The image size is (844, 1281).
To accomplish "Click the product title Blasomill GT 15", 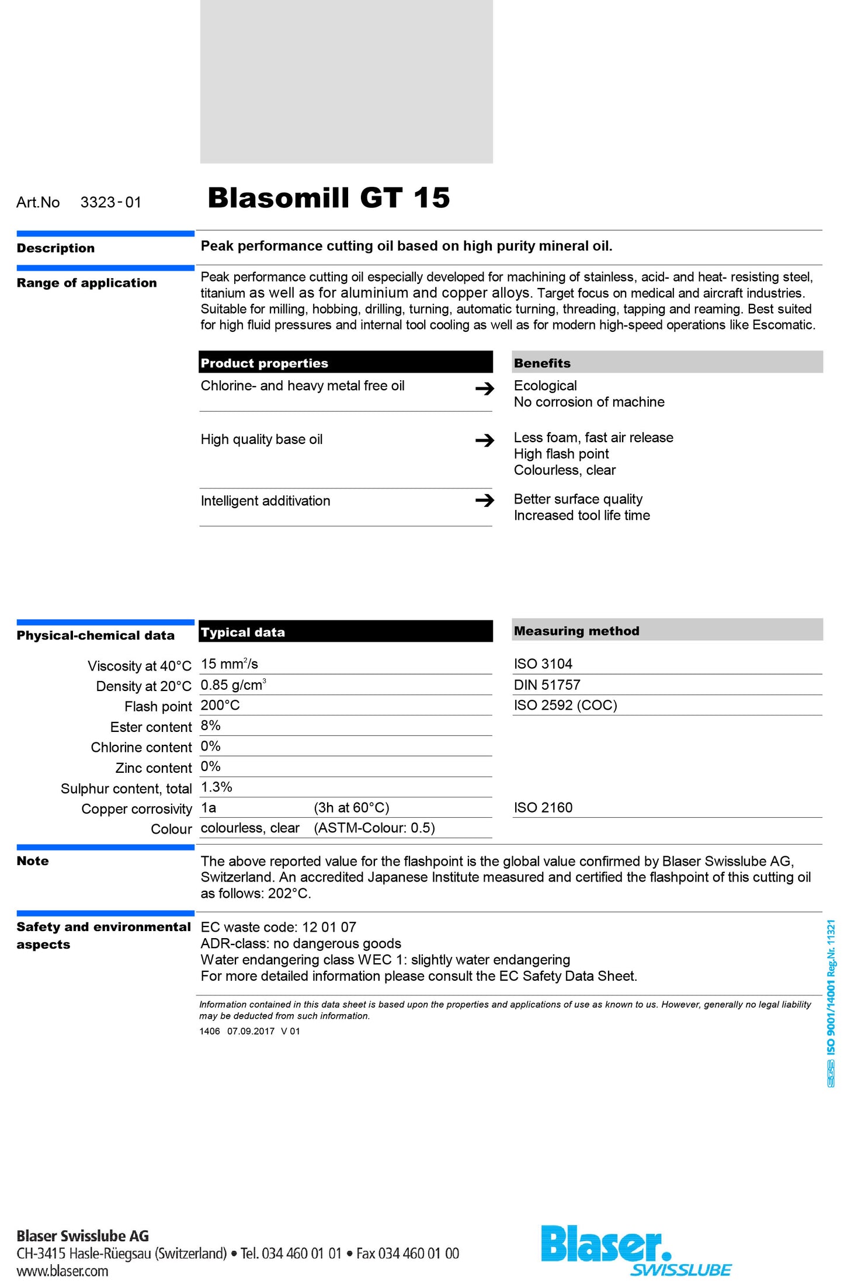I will tap(328, 198).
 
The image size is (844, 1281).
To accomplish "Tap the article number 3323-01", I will tap(110, 203).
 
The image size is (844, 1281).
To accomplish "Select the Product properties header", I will tap(265, 363).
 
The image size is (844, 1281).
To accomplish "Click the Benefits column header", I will tap(542, 363).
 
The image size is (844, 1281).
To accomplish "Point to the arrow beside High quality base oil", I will tap(484, 440).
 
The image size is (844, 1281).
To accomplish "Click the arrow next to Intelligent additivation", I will tap(484, 501).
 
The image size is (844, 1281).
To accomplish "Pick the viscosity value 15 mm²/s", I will tap(230, 664).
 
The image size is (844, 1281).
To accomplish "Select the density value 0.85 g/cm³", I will tap(233, 685).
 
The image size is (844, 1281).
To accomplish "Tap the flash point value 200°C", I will tap(220, 706).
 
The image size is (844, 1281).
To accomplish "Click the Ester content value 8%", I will tap(211, 726).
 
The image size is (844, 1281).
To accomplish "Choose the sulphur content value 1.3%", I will tap(217, 787).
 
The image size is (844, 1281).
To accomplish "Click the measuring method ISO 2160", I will tap(543, 808).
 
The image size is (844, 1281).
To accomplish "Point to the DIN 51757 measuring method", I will tap(547, 685).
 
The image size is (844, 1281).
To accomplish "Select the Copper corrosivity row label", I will tap(137, 809).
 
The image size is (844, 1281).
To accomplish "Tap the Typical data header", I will tap(243, 632).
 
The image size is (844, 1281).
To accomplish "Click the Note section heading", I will tap(33, 861).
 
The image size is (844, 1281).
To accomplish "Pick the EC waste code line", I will tap(278, 928).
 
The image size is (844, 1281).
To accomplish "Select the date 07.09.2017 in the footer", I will tap(251, 1031).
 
